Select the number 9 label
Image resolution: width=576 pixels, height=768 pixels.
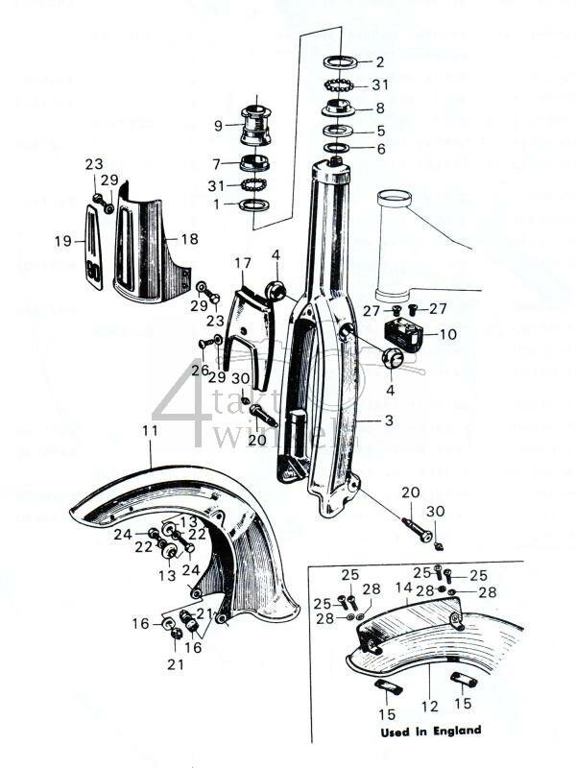coord(217,125)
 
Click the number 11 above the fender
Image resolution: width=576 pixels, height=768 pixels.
coord(149,432)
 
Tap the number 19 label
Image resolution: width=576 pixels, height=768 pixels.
coord(63,241)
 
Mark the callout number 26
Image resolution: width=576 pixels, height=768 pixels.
coord(199,370)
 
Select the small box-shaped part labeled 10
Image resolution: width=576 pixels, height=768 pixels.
coord(403,334)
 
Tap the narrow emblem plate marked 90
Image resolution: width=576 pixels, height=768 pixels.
coord(93,250)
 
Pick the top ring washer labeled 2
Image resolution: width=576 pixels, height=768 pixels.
coord(341,61)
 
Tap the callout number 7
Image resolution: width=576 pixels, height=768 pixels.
coord(217,164)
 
